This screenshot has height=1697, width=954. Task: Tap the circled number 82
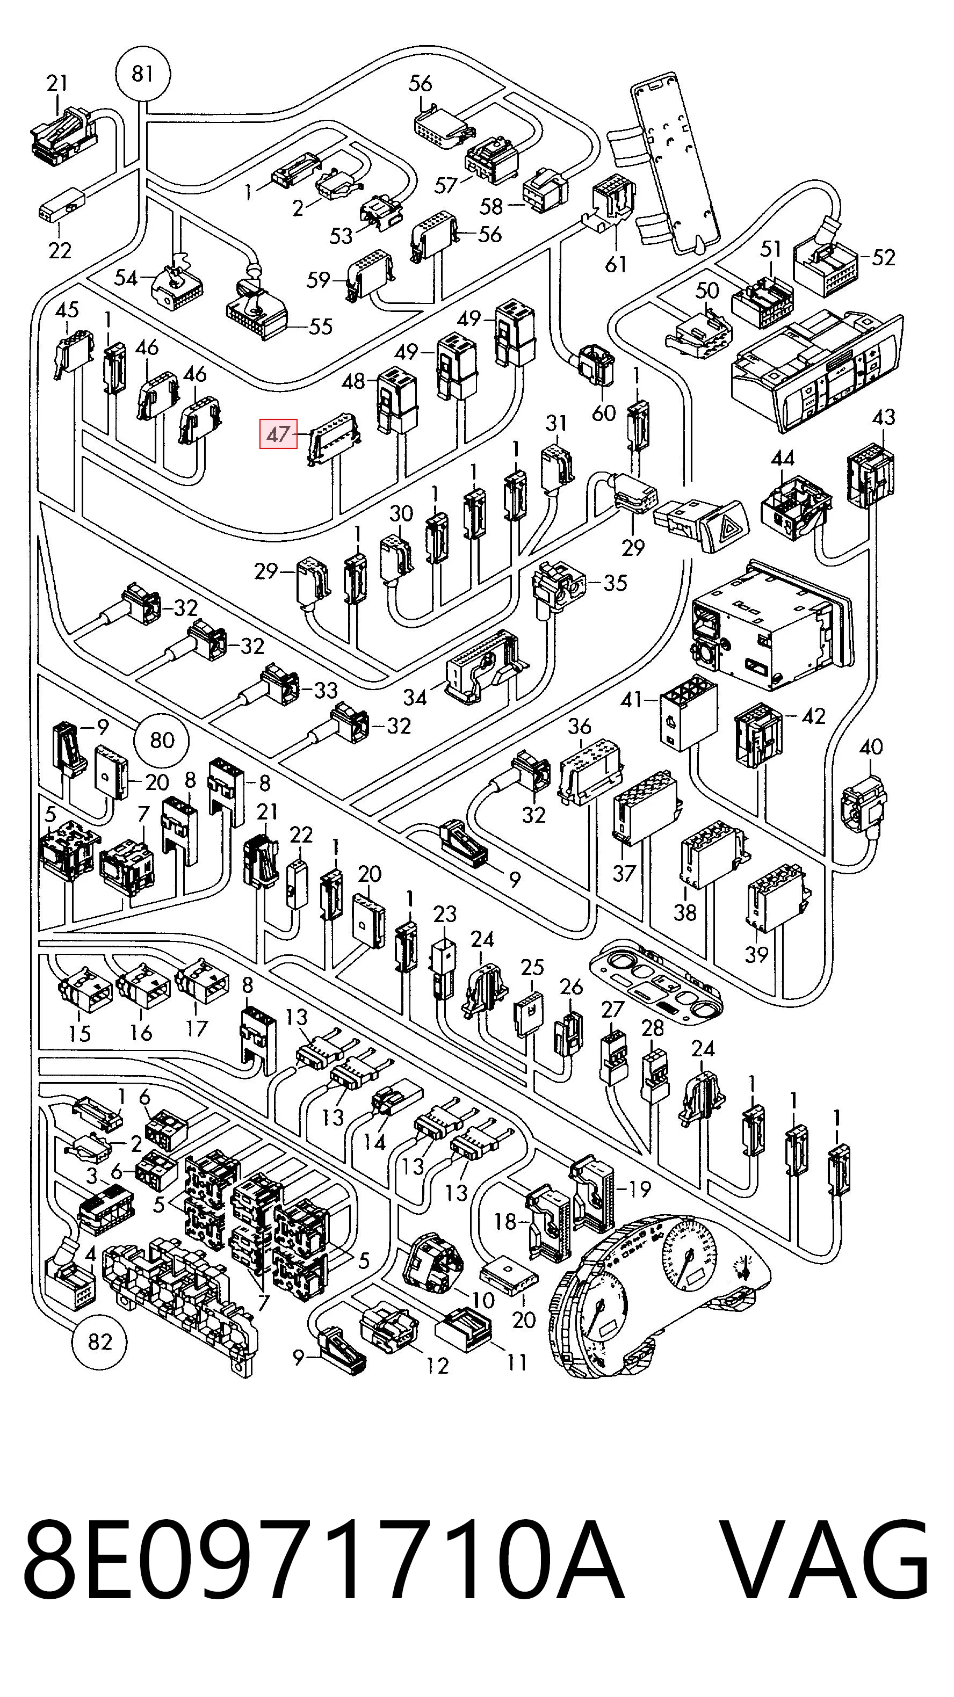[100, 1341]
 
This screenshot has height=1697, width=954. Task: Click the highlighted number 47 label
[279, 433]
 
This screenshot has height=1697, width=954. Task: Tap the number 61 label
[616, 265]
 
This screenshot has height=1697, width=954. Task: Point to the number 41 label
[631, 700]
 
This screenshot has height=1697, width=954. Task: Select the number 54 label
[126, 278]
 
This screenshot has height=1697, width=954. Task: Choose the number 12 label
[437, 1366]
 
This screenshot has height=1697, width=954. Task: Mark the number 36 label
[580, 727]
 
